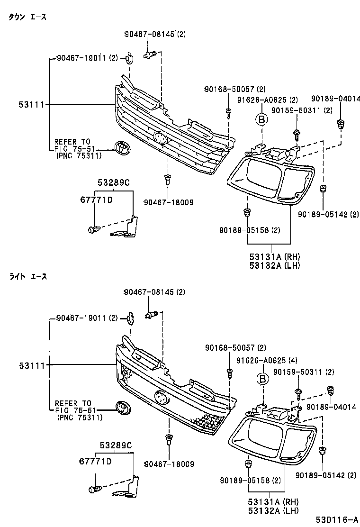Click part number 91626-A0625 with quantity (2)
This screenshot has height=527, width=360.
268,100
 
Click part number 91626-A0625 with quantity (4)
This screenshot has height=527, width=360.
268,360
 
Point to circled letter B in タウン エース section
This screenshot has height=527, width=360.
261,120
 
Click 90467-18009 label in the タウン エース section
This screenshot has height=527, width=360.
168,202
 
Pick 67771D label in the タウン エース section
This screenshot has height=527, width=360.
96,200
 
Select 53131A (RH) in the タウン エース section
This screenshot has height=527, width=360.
275,257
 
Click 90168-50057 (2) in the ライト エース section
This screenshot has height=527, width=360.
235,348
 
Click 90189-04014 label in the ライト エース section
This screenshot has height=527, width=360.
331,407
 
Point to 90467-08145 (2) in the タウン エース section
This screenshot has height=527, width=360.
155,34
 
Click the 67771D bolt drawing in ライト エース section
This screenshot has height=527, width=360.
93,489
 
